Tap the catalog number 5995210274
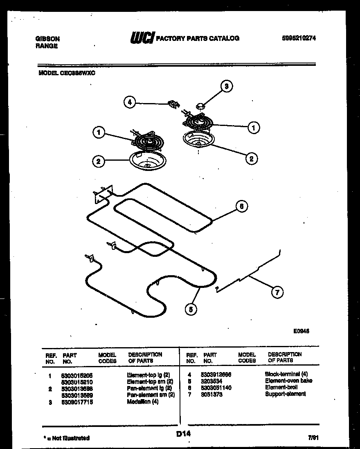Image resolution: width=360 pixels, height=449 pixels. [299, 38]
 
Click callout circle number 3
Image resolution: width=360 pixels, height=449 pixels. [226, 86]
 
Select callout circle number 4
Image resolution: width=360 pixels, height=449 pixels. [130, 102]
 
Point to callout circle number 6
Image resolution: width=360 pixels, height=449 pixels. [241, 207]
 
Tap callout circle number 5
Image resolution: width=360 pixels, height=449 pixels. [190, 310]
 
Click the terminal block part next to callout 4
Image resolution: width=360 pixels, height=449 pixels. [174, 105]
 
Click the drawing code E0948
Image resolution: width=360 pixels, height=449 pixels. [301, 332]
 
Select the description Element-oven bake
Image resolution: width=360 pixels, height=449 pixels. [288, 381]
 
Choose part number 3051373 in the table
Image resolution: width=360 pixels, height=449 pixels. [212, 394]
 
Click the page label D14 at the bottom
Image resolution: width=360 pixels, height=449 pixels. [184, 434]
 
